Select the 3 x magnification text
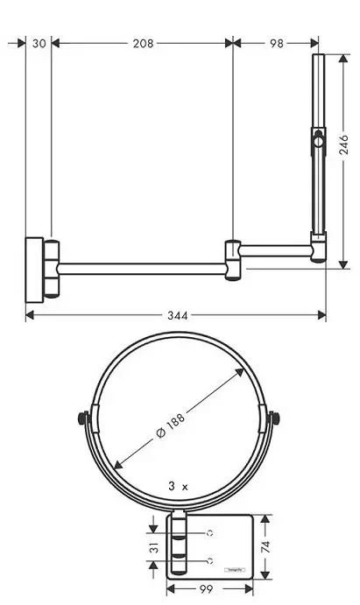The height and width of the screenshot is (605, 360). click(178, 485)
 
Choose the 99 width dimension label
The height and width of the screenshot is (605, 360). click(208, 590)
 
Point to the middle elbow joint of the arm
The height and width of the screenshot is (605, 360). click(232, 260)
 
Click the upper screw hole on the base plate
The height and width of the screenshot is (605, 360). click(210, 532)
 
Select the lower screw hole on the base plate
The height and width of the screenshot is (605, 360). click(210, 559)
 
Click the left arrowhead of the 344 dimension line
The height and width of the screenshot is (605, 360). click(29, 314)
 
